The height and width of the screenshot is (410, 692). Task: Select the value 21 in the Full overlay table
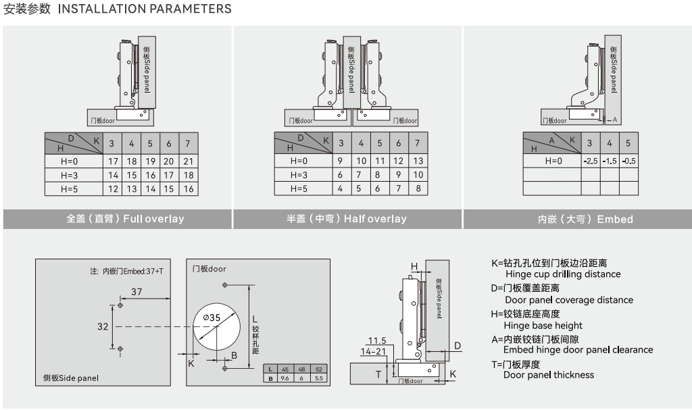188,161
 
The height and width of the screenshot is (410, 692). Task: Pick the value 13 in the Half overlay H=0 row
418,161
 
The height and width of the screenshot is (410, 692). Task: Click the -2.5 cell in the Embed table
591,161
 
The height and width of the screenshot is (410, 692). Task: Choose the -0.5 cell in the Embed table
628,161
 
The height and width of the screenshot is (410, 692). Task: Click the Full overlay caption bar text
125,219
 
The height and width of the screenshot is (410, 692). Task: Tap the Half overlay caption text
347,219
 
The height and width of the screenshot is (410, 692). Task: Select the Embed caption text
585,220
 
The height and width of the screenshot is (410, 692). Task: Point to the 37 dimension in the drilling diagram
137,291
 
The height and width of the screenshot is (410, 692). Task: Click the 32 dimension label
103,326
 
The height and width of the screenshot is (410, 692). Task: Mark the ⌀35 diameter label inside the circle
211,317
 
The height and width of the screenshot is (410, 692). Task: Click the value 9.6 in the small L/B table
285,378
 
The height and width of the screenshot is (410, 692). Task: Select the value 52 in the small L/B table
319,369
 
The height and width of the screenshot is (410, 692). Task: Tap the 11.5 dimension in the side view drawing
377,340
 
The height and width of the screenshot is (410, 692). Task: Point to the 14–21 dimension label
374,352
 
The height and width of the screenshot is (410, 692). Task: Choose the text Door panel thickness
549,375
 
